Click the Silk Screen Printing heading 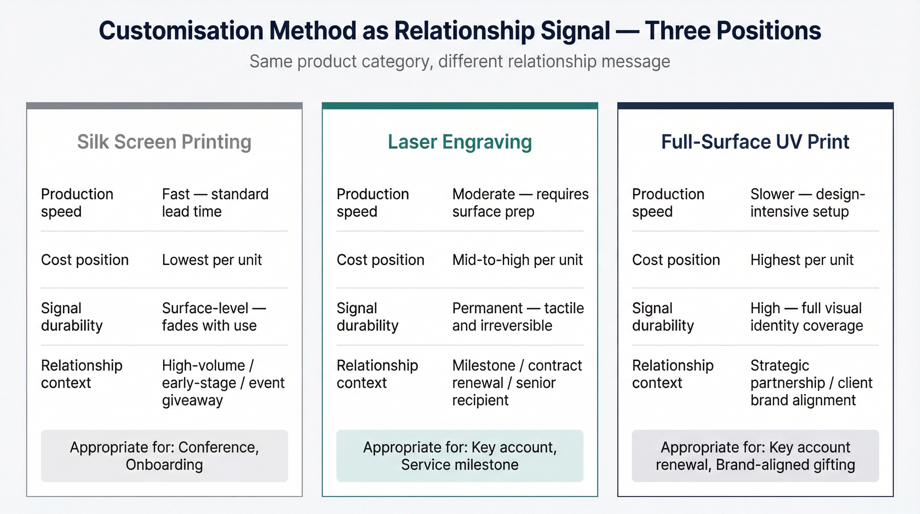click(x=164, y=142)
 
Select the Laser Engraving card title click(x=460, y=142)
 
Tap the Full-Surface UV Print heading click(x=755, y=142)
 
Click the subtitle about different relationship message click(x=460, y=62)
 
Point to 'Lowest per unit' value click(x=212, y=260)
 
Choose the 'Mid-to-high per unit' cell click(x=517, y=260)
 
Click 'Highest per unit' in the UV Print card click(x=802, y=260)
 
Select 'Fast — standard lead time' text click(x=215, y=203)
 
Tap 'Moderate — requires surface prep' click(x=520, y=203)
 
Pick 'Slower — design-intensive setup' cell click(x=807, y=203)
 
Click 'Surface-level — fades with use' click(x=214, y=317)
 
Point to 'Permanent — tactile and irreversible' click(x=518, y=317)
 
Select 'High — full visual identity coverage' click(x=806, y=317)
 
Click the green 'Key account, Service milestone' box click(x=460, y=456)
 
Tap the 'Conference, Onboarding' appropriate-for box click(x=164, y=456)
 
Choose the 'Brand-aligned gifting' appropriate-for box click(x=755, y=456)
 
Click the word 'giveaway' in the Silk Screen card click(x=192, y=400)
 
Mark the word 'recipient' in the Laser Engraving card click(x=480, y=400)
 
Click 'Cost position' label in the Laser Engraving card click(x=380, y=260)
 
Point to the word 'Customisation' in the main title click(x=181, y=31)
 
